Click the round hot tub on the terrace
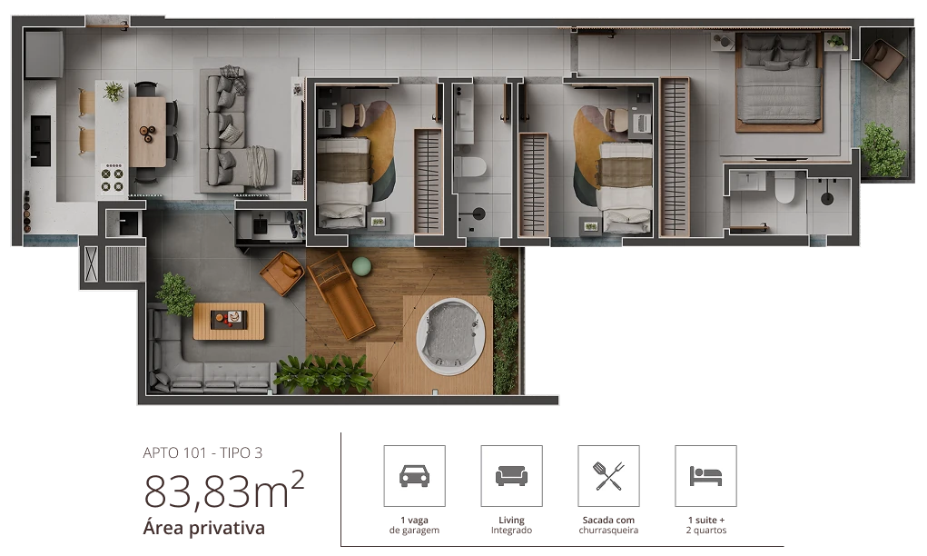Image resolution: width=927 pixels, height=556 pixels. pos(451,336)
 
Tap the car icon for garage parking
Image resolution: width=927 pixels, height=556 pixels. pos(414,475)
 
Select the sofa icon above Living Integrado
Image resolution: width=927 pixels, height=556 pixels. pos(511,475)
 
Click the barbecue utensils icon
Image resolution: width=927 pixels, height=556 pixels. pos(608,475)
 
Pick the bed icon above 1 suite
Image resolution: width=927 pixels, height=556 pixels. pos(705,475)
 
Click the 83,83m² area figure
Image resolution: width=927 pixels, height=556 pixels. pos(224,490)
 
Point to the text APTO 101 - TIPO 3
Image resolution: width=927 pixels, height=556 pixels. pos(202,453)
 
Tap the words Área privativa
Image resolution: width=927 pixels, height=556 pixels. pos(204,528)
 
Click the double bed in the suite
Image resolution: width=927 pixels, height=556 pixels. pos(779,81)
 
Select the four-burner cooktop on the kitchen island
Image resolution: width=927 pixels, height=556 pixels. pos(112,180)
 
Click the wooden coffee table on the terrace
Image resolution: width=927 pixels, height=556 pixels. pos(229,322)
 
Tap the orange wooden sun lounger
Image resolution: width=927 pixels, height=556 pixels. pos(341,295)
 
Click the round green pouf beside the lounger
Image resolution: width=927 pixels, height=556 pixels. pos(361,267)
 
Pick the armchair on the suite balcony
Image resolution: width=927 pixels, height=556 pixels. pos(883,59)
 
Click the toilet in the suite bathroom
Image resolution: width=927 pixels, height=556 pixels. pos(785,187)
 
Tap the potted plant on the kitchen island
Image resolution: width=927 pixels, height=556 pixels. pos(113,92)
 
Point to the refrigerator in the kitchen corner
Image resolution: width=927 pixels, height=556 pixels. pos(44,55)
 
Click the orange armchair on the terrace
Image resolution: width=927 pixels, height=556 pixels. pos(282,273)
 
